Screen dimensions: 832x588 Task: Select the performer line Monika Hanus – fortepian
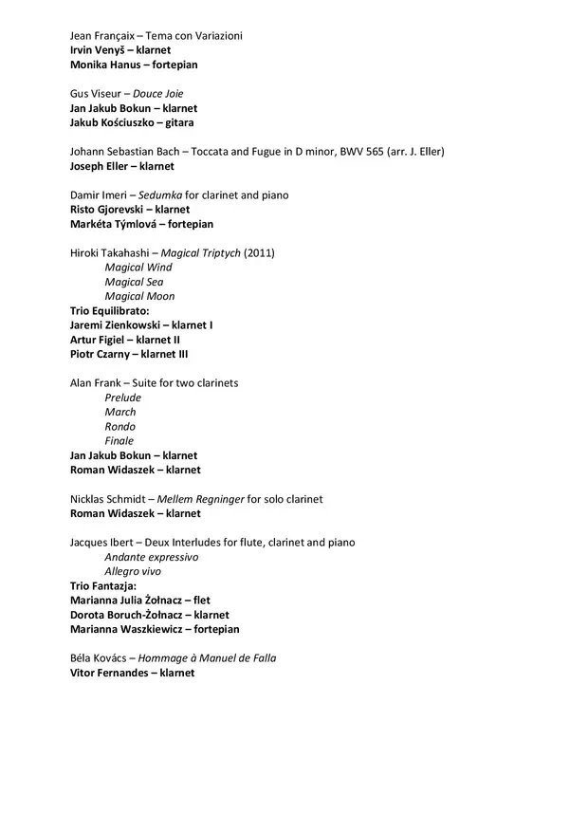134,65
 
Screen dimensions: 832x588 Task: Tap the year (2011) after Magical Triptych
259,253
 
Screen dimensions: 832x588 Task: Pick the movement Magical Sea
133,282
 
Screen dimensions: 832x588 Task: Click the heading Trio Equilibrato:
110,310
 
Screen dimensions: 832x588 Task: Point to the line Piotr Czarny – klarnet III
129,354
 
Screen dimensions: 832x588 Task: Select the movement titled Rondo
119,426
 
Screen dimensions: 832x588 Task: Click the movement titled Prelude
122,398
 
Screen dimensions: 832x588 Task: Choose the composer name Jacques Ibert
101,543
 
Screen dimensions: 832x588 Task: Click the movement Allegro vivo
133,571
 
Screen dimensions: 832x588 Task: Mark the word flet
201,600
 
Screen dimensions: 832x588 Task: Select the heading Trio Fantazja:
103,585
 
